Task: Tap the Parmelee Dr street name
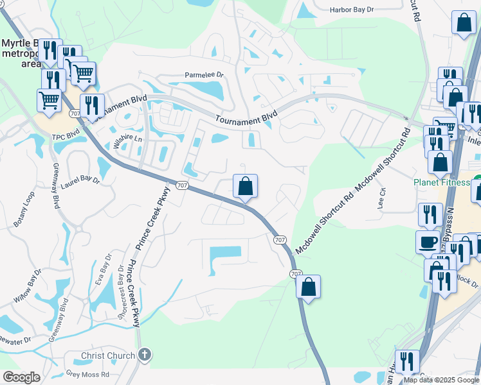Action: point(204,75)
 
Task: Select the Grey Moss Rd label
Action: point(87,373)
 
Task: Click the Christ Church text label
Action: point(108,355)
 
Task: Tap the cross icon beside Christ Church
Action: point(145,355)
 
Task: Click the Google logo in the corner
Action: point(21,377)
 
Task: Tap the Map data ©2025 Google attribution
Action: point(441,380)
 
